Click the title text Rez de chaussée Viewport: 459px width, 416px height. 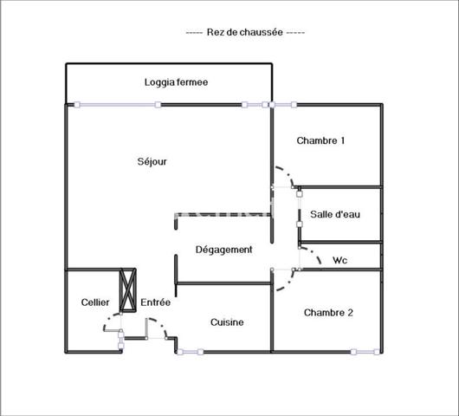tap(245, 32)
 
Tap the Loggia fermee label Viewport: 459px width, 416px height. tap(176, 82)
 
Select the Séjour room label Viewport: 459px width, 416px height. tap(152, 161)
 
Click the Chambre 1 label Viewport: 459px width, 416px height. tap(320, 140)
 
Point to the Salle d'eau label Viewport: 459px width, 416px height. tap(335, 215)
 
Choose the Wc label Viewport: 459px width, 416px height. tap(340, 259)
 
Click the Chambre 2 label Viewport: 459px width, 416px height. tap(327, 313)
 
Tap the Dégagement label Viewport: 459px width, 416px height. tap(223, 250)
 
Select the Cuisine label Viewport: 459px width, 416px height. tap(227, 322)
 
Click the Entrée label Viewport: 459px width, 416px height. tap(155, 302)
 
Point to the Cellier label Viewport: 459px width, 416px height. tap(95, 302)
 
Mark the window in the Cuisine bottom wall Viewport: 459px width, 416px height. tap(190, 352)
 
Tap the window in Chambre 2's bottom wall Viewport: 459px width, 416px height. tap(365, 352)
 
